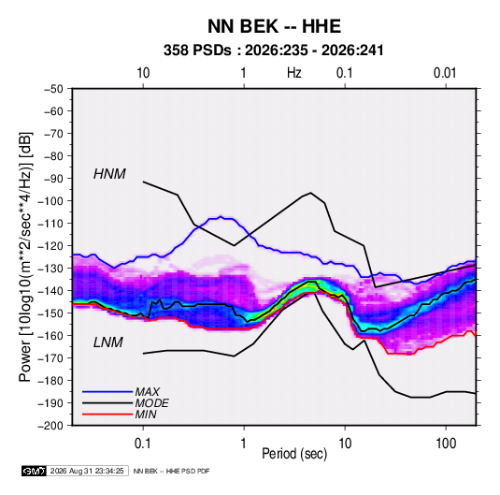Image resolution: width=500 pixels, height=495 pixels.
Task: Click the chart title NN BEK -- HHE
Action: [x=274, y=26]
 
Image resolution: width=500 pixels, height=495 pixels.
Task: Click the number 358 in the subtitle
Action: [x=175, y=51]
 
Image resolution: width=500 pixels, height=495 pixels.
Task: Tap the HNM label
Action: [x=109, y=174]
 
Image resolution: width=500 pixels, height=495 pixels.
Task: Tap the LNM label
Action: [x=108, y=342]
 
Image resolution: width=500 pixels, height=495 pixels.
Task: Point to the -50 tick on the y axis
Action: [x=53, y=89]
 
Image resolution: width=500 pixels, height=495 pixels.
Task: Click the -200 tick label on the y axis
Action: [x=50, y=426]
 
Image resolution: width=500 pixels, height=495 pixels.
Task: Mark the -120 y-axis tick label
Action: [x=50, y=246]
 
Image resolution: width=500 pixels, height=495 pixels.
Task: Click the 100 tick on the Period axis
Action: [x=446, y=444]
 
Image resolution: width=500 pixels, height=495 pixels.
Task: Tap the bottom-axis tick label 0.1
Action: [x=143, y=444]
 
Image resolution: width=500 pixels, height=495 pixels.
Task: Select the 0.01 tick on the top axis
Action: [x=445, y=73]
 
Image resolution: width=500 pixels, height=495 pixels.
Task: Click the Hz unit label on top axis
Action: [x=294, y=73]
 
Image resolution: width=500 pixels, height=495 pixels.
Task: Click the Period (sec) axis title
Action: [x=294, y=454]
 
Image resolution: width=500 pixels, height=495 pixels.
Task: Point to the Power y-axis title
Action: [x=25, y=257]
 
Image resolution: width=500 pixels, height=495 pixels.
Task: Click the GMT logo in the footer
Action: [x=34, y=471]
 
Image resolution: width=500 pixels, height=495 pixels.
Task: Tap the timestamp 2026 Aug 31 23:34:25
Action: [x=87, y=471]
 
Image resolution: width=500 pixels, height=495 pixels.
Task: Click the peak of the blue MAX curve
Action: [x=221, y=217]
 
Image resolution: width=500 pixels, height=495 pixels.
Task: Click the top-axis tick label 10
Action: [x=143, y=73]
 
